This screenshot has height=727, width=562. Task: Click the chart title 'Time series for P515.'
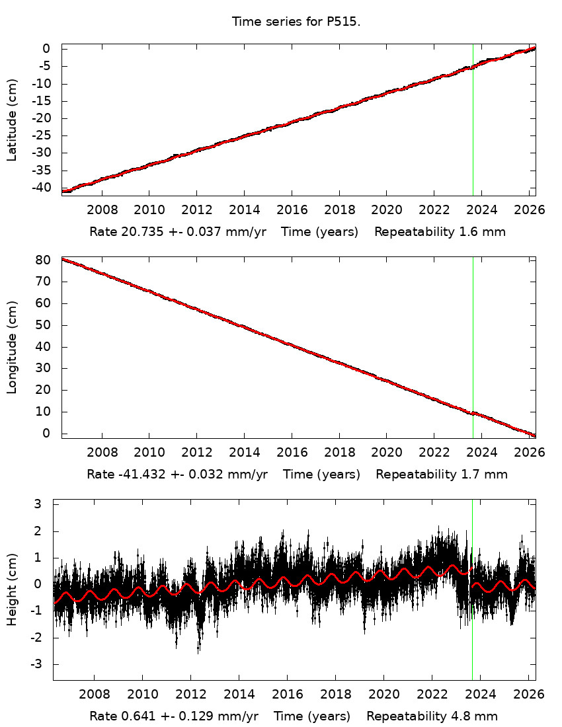pos(296,22)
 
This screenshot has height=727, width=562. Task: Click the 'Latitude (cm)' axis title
pos(12,120)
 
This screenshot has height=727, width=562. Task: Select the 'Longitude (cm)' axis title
pos(12,347)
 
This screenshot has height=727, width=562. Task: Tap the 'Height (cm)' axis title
pos(12,590)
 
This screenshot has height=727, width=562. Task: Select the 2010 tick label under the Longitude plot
pos(149,453)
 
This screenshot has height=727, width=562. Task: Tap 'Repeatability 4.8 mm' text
pos(432,716)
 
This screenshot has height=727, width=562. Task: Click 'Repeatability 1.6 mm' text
pos(440,232)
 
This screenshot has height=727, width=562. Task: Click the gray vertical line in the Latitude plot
pos(473,132)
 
